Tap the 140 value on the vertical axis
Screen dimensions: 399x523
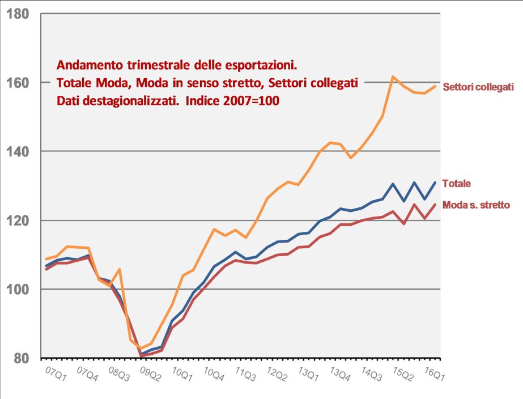(19, 151)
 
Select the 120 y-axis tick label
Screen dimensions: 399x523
(19, 220)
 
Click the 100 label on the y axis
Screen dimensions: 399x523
(19, 290)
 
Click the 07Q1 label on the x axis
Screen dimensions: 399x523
(55, 375)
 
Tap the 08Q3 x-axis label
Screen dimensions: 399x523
(119, 375)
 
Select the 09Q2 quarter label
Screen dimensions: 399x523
(151, 375)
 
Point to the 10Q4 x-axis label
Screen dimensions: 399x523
(214, 375)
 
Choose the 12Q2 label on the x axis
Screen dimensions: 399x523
(278, 375)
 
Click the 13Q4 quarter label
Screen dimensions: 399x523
(341, 375)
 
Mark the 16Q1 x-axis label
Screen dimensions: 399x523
(435, 375)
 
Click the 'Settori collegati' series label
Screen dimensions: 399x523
(478, 87)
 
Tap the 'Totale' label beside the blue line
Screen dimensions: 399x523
(456, 184)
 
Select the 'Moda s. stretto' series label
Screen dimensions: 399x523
(476, 205)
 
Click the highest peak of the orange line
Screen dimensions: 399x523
(393, 77)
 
